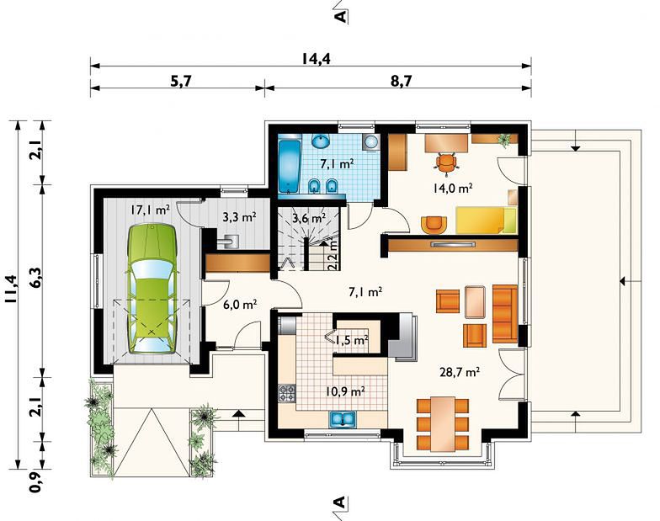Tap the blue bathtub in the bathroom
tap(290, 167)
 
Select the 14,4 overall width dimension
tap(316, 58)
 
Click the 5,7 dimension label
tap(181, 80)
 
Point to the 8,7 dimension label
tap(401, 80)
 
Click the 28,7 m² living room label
tap(460, 372)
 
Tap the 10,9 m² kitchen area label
tap(345, 391)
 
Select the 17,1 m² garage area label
tap(150, 210)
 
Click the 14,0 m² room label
tap(453, 188)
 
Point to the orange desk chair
tap(446, 162)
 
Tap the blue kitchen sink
tap(343, 419)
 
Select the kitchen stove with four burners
tap(287, 393)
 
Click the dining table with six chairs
tap(443, 424)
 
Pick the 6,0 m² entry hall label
tap(240, 304)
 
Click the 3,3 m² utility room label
tap(239, 217)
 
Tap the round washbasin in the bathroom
tap(322, 141)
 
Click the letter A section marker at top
tap(340, 16)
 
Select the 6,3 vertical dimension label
tap(36, 278)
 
